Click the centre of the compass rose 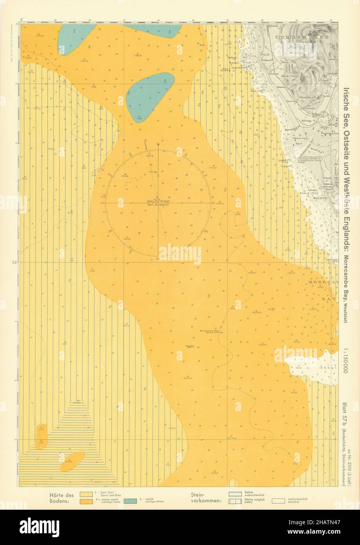coord(158,203)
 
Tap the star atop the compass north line coord(158,145)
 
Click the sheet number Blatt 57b coord(344,411)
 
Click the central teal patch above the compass coord(150,96)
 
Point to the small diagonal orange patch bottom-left coord(73,461)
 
